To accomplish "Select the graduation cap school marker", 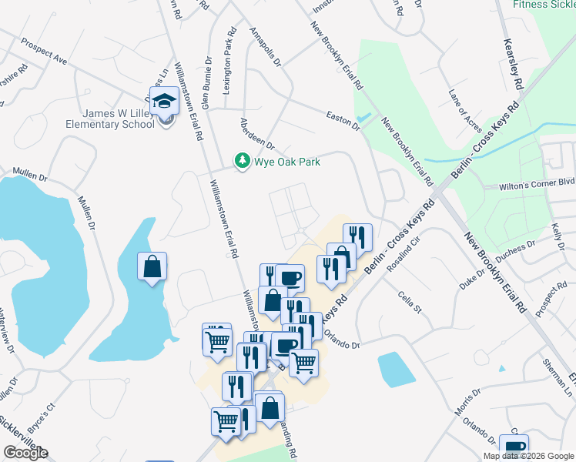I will (x=164, y=102).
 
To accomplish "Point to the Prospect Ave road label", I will (x=45, y=51).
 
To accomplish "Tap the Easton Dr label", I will (x=343, y=117).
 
